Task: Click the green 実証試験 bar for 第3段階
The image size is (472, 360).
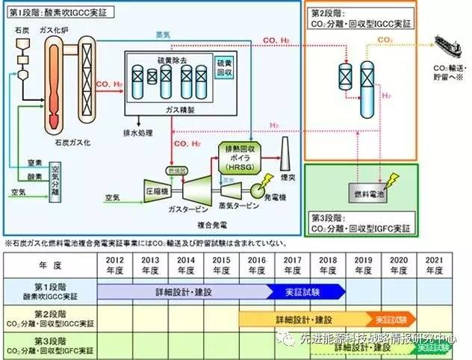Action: (433, 347)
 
